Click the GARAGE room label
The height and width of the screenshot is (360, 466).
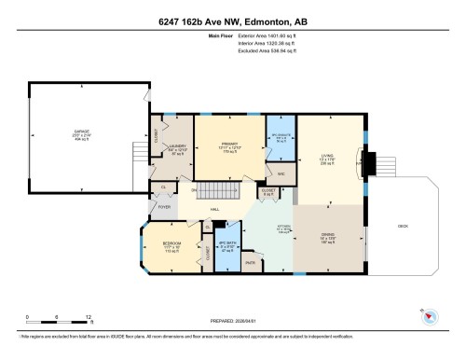click(67, 134)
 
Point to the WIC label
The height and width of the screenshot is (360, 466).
click(281, 174)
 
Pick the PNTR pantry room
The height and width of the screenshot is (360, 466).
click(250, 264)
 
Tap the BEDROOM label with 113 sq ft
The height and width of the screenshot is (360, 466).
click(172, 247)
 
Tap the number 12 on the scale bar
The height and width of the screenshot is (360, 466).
click(87, 317)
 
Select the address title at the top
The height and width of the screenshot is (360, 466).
click(232, 21)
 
